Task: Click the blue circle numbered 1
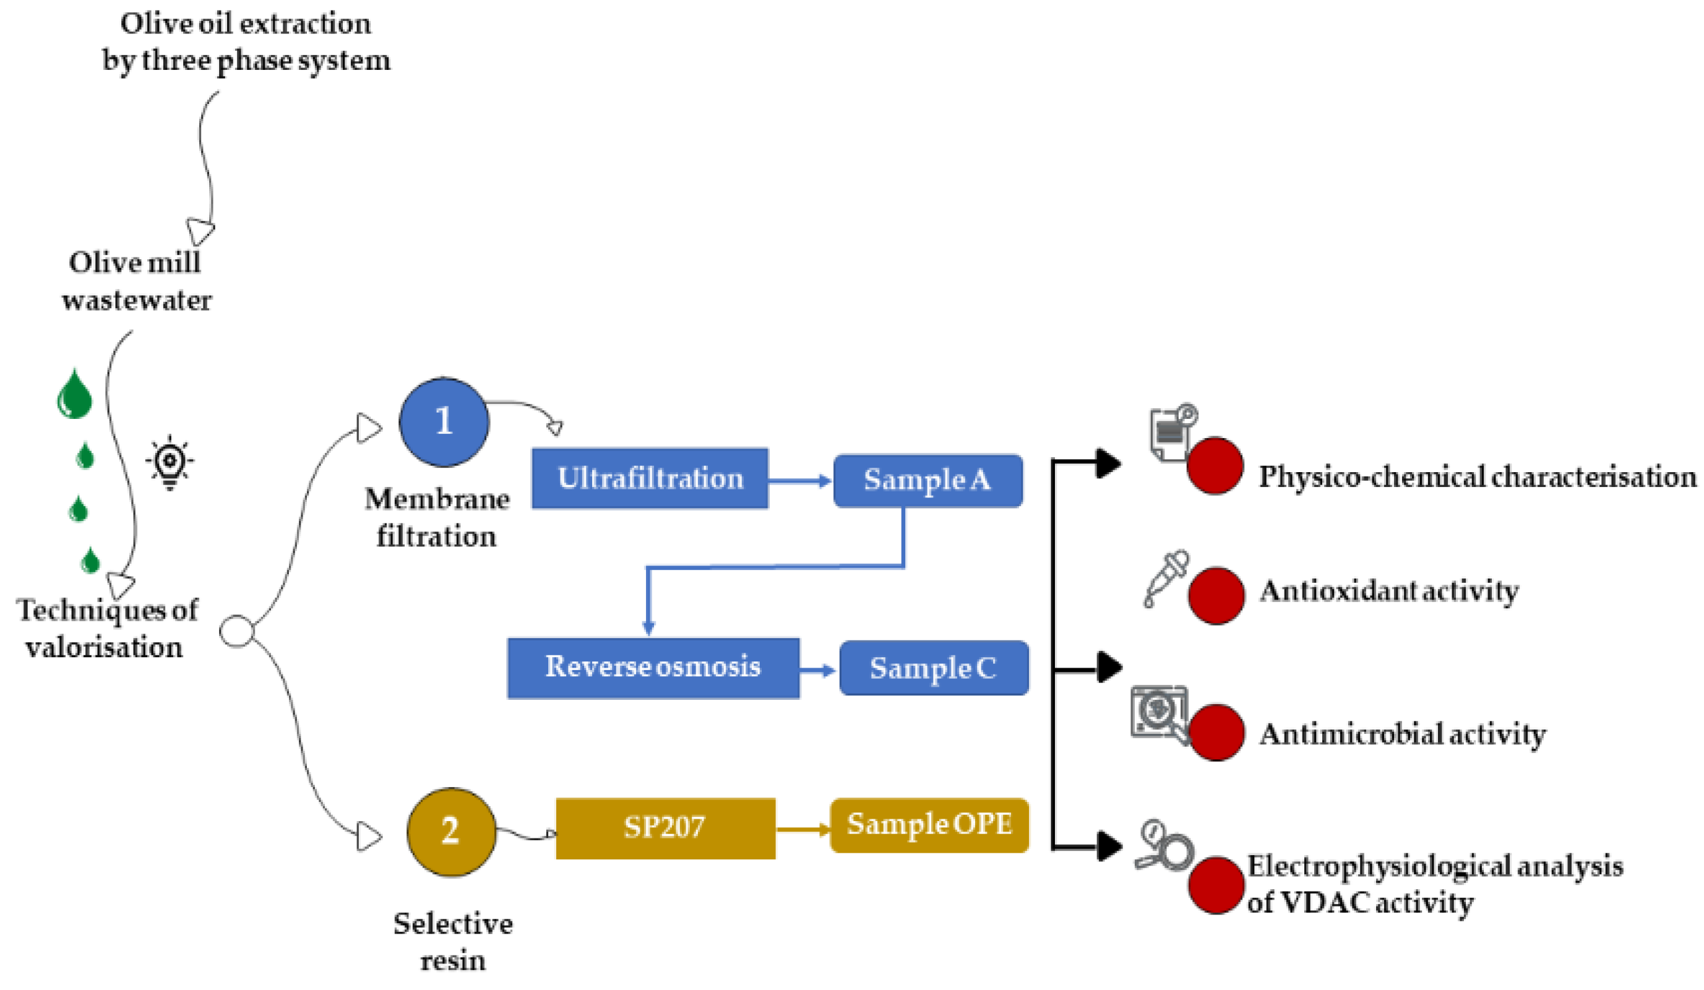444,422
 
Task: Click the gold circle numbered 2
451,832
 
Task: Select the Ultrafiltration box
650,478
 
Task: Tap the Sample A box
927,480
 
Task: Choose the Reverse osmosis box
653,668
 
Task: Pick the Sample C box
933,668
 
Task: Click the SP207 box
665,828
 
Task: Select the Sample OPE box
929,825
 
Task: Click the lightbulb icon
170,462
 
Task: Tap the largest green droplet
74,395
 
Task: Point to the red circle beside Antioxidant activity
1215,595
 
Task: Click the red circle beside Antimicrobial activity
1215,733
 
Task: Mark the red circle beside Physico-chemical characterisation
1214,466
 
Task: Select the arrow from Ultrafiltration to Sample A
800,481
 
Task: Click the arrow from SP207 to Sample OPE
803,829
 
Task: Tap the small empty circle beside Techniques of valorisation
236,632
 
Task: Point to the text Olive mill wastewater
136,281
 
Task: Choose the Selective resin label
452,941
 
